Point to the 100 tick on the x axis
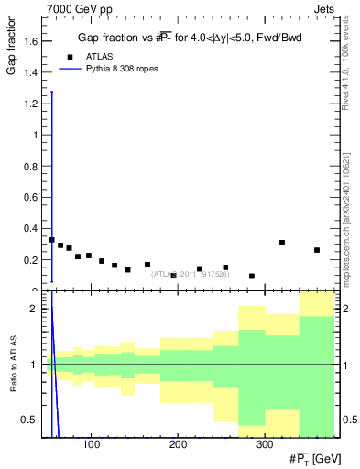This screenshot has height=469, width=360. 91,444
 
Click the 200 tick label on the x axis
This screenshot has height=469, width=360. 178,444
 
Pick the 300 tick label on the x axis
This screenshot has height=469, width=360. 265,444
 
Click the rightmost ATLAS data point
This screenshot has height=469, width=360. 317,250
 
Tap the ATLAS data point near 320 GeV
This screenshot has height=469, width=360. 282,243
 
